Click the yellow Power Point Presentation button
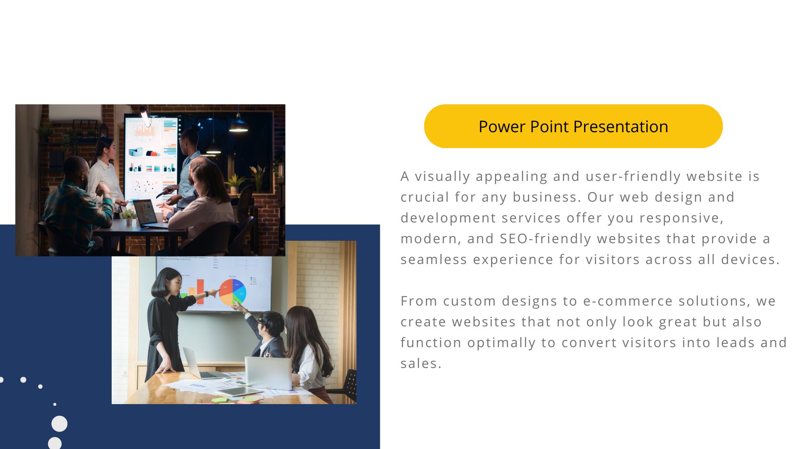pos(573,126)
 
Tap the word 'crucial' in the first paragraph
pos(425,197)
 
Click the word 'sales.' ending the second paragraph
pos(421,363)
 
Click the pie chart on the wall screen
pos(232,292)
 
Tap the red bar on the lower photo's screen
pos(200,292)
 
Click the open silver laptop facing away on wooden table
pos(268,373)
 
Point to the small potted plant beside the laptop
pos(128,217)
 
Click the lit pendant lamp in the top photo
pos(238,124)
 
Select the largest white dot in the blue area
pos(59,424)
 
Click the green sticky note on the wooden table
pos(220,400)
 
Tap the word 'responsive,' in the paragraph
pos(682,218)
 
